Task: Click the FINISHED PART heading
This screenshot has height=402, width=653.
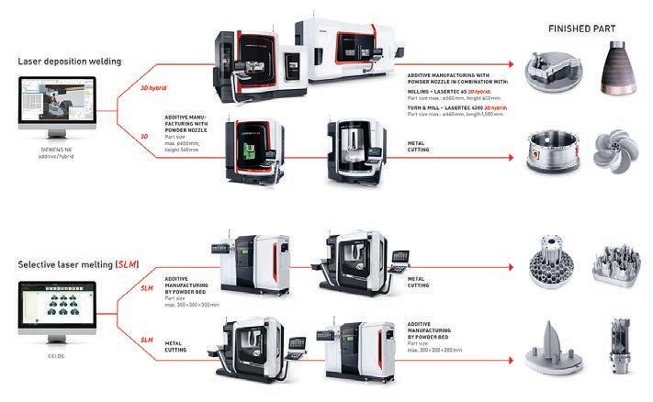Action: click(582, 28)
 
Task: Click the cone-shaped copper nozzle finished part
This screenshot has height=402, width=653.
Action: click(614, 73)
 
